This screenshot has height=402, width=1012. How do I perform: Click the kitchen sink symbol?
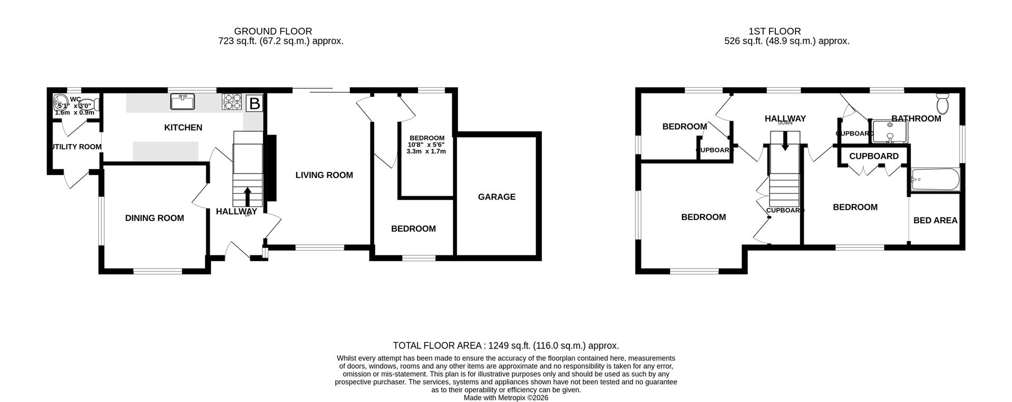click(x=183, y=101)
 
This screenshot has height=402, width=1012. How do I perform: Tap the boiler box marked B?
click(x=255, y=103)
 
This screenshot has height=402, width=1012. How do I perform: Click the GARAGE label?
click(x=497, y=197)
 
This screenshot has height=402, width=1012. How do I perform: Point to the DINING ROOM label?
click(x=154, y=218)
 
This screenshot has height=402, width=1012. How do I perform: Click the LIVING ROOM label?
click(x=324, y=175)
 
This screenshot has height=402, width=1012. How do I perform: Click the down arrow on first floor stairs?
click(x=785, y=141)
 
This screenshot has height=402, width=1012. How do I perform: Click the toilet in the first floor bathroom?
click(x=943, y=104)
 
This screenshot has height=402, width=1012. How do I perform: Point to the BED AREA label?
click(x=935, y=221)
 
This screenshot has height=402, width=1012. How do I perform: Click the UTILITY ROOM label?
click(x=76, y=147)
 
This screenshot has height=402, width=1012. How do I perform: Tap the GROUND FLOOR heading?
click(x=273, y=32)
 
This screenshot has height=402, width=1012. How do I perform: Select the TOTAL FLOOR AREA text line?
click(x=505, y=346)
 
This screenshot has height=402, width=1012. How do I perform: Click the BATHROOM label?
click(x=916, y=119)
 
